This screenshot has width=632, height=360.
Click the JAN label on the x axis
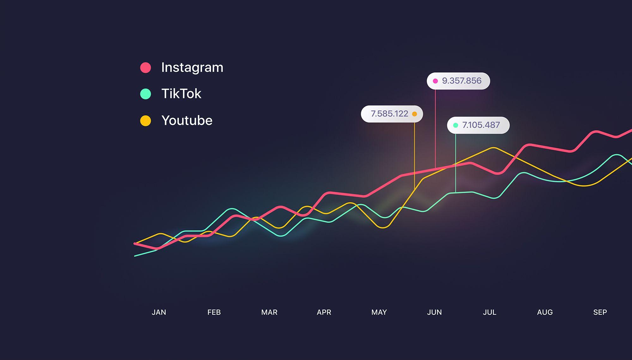tap(159, 312)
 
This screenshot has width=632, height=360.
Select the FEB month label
tap(214, 312)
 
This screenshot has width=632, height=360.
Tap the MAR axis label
tap(269, 312)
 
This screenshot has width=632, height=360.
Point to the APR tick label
tap(324, 312)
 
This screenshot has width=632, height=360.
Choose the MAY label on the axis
tap(379, 312)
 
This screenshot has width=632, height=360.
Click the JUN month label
tap(434, 312)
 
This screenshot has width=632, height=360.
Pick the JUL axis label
tap(489, 312)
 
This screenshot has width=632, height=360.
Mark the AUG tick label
tap(545, 312)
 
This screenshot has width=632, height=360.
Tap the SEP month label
tap(600, 312)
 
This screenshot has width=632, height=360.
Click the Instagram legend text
tap(192, 67)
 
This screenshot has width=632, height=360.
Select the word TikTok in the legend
tap(181, 94)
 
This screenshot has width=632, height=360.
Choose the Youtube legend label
tap(187, 120)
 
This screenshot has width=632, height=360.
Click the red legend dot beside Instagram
tap(146, 68)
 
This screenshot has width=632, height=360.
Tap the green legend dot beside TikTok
tap(146, 94)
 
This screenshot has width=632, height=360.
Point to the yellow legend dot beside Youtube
tap(146, 121)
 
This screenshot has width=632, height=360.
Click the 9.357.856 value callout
tap(458, 81)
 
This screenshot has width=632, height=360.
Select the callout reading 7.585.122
tap(392, 114)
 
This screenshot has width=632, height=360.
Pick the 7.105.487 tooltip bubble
tap(478, 125)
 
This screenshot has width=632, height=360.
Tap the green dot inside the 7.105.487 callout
tap(456, 125)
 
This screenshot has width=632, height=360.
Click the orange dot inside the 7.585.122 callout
tap(414, 114)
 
